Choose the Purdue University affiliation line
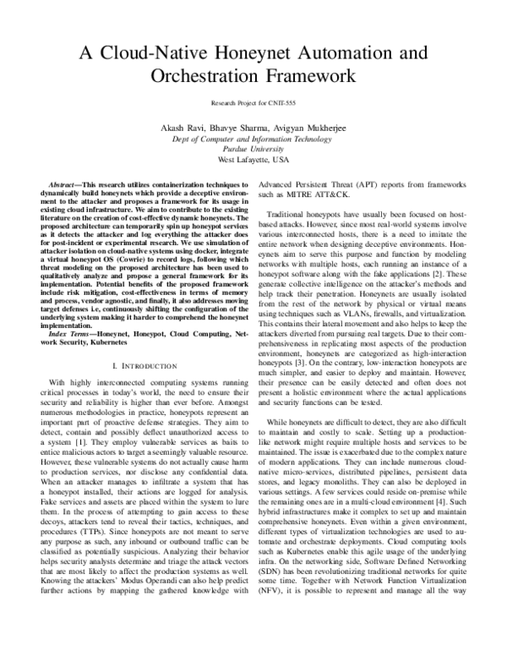click(x=253, y=148)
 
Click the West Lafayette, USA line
click(x=253, y=159)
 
